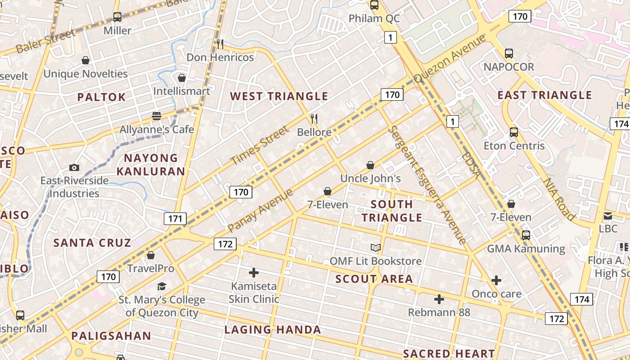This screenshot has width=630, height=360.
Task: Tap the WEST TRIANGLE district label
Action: click(x=279, y=96)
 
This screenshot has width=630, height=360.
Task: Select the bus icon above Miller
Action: click(x=117, y=17)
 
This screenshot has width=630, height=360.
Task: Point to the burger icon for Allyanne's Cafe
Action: click(x=157, y=116)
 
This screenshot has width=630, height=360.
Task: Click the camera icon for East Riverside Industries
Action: click(x=74, y=167)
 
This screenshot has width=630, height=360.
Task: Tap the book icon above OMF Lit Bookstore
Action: click(x=376, y=247)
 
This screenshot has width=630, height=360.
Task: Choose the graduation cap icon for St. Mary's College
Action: click(x=162, y=287)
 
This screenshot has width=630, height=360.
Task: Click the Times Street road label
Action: click(x=259, y=146)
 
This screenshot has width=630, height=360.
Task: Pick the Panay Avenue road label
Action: click(x=260, y=211)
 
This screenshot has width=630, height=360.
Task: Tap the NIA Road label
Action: click(x=559, y=199)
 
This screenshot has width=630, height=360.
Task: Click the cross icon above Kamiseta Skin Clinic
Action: click(x=254, y=273)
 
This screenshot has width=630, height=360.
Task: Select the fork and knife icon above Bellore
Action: click(x=314, y=119)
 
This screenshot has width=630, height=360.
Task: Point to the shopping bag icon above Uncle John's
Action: click(x=370, y=165)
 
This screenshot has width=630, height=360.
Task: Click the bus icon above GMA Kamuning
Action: click(x=526, y=235)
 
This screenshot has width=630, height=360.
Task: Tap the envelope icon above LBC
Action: click(x=608, y=216)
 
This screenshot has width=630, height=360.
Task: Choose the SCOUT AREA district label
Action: click(x=374, y=279)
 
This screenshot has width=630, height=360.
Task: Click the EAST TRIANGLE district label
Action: click(x=544, y=95)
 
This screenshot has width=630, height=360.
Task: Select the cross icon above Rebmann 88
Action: click(x=439, y=299)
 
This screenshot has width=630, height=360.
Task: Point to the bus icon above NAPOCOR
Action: click(x=508, y=54)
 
